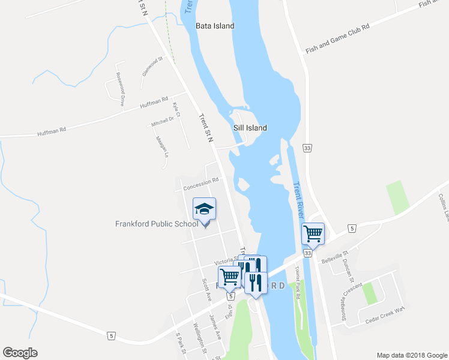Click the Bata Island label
214,26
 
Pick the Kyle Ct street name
176,109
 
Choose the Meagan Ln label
160,145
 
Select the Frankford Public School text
156,224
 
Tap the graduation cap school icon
204,209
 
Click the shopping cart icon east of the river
313,233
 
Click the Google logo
20,353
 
